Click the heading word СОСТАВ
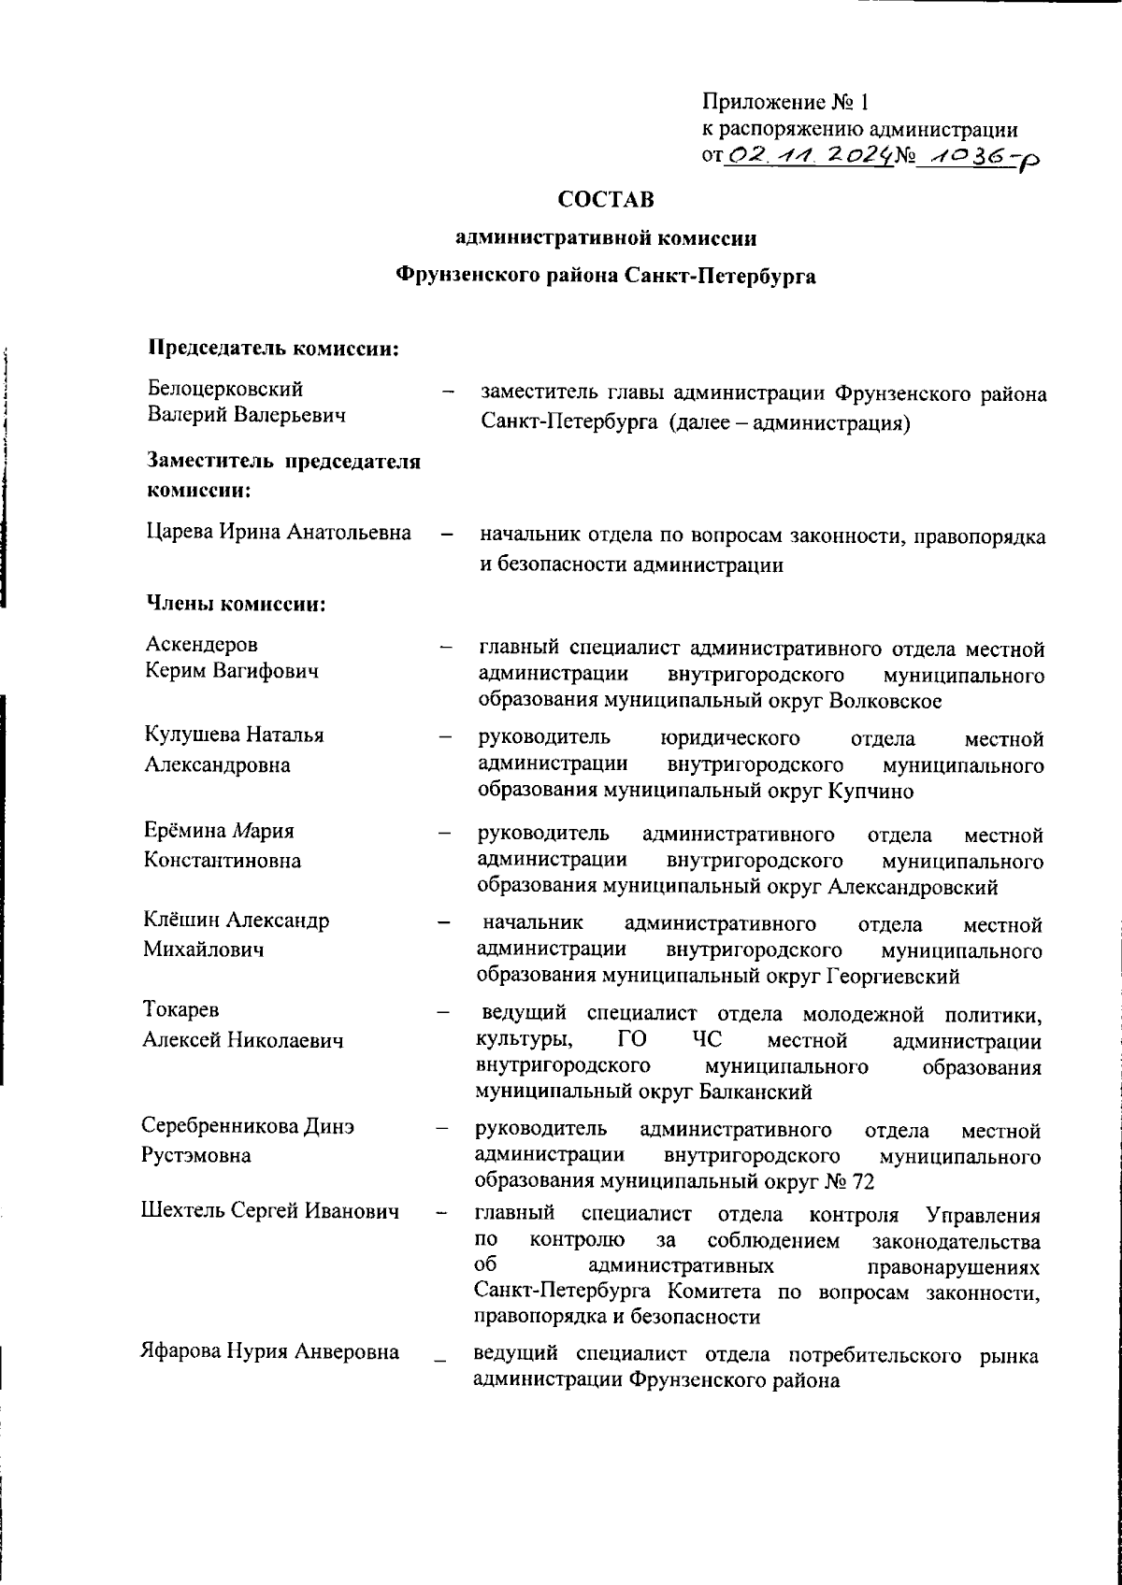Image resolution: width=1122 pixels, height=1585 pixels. [x=605, y=200]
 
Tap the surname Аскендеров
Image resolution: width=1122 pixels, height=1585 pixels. [x=202, y=645]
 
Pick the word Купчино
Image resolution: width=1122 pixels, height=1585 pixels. [x=870, y=791]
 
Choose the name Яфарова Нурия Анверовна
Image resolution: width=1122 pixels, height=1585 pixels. [x=269, y=1351]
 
